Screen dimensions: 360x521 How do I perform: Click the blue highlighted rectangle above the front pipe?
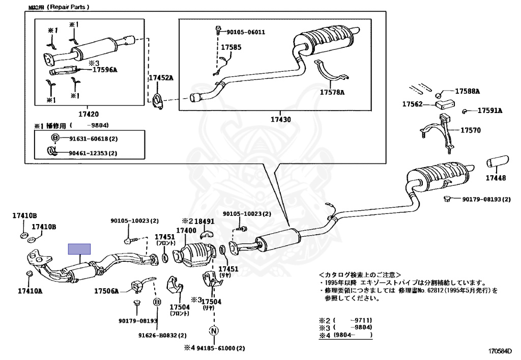click(x=80, y=249)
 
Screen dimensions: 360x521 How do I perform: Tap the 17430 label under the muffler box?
click(x=280, y=120)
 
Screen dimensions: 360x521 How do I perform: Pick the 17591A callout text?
click(x=489, y=110)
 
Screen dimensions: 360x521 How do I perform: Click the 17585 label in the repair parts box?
click(x=230, y=47)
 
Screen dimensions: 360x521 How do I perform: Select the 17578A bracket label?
click(x=332, y=93)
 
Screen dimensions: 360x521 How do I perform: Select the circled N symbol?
click(x=214, y=330)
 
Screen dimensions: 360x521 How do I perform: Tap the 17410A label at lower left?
click(x=31, y=292)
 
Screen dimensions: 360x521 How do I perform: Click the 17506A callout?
click(x=106, y=291)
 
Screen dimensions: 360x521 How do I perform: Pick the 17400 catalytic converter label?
click(x=186, y=231)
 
